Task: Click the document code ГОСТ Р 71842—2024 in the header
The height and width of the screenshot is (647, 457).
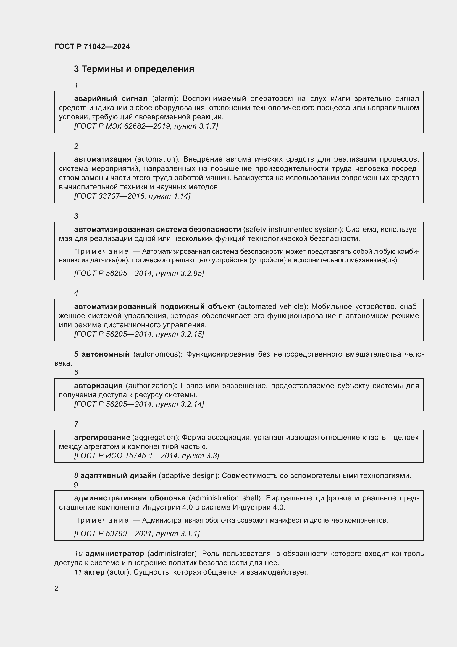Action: (x=92, y=46)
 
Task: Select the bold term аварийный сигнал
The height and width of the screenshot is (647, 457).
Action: (x=111, y=99)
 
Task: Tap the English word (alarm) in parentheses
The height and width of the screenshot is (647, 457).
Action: (x=165, y=99)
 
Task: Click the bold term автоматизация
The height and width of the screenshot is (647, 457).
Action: (x=103, y=159)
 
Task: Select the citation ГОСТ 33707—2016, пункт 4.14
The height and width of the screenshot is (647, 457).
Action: (x=132, y=196)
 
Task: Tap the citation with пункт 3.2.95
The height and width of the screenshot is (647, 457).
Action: (x=139, y=273)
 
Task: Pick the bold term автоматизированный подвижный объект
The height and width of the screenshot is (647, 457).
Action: (x=154, y=306)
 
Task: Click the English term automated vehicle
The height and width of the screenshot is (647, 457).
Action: (x=273, y=306)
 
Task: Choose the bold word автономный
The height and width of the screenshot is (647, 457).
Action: (x=106, y=354)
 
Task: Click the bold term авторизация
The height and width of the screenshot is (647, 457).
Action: (x=98, y=386)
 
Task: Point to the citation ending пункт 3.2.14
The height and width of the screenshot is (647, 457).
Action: (x=139, y=404)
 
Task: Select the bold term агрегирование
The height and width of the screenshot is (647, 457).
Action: (x=102, y=437)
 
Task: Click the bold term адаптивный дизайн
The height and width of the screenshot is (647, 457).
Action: (x=118, y=476)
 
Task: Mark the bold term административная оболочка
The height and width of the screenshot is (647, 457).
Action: (x=130, y=498)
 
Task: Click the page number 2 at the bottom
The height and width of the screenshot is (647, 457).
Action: (x=56, y=588)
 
